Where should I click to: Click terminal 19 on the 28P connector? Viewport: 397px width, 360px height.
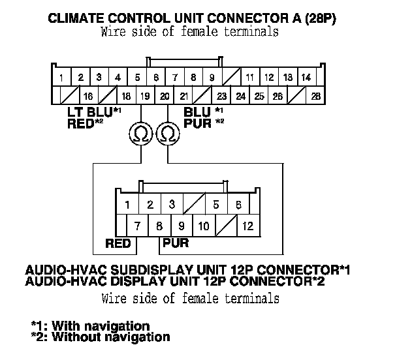tap(145, 97)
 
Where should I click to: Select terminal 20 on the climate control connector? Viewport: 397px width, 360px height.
tap(165, 97)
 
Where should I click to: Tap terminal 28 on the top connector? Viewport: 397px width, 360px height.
tap(316, 97)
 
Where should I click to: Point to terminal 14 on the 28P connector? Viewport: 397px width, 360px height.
tap(306, 78)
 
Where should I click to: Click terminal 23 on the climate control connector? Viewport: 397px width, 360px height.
tap(221, 97)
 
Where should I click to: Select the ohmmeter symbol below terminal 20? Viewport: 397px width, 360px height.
tap(168, 134)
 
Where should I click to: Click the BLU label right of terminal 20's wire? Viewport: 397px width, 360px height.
tap(197, 112)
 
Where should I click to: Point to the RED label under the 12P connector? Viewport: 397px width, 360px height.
tap(118, 244)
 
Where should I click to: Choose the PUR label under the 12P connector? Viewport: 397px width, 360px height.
tap(175, 244)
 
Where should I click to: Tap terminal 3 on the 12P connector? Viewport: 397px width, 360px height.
tap(172, 204)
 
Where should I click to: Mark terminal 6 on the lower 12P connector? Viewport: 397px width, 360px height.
tap(238, 204)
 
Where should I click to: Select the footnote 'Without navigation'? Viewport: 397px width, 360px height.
tap(111, 337)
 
